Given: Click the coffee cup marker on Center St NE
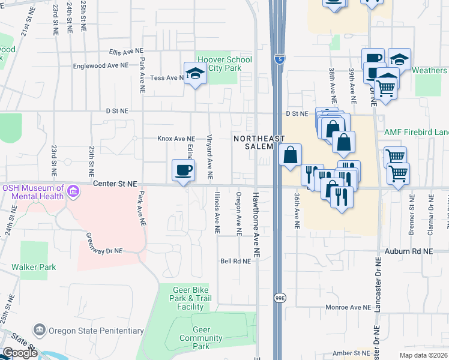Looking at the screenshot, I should [x=183, y=170].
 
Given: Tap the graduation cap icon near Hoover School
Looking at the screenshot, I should [x=195, y=74].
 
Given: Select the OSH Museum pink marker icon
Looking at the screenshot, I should [x=73, y=192].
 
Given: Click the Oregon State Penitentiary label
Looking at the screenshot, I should [x=96, y=331].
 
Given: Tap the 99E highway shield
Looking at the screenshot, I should [x=279, y=298].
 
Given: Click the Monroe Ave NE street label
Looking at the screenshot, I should [x=349, y=307].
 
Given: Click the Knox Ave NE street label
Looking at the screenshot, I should [x=176, y=139].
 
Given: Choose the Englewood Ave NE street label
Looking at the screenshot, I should [x=100, y=65].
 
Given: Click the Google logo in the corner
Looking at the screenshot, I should [x=20, y=352].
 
